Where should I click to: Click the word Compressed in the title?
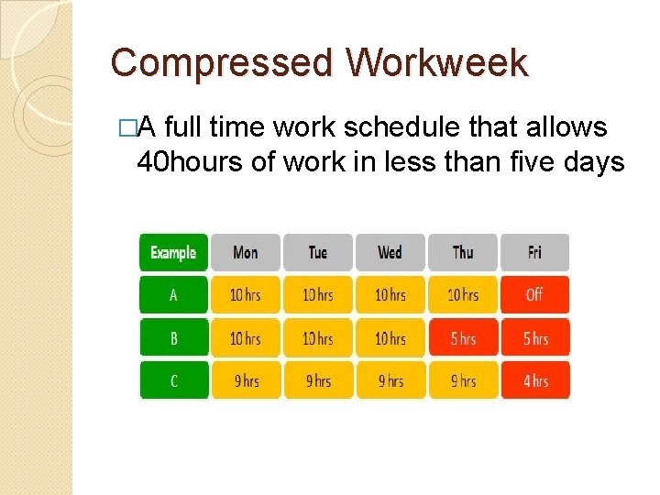point(222,64)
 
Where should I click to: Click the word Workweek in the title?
point(437,64)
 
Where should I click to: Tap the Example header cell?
point(173,252)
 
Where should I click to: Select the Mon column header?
point(246,252)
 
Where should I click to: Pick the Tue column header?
point(318,252)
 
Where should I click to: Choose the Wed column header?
point(390,252)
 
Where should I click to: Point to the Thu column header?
point(463,252)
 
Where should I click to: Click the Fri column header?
point(534,252)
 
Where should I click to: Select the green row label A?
point(173,295)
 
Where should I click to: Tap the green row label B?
point(173,338)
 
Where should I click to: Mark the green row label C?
point(173,380)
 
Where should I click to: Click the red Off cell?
point(534,295)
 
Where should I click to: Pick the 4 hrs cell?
point(534,380)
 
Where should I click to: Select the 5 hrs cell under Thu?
point(463,338)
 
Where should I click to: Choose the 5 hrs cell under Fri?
point(534,338)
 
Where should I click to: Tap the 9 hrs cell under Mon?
point(246,380)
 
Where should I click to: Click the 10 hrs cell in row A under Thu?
point(463,295)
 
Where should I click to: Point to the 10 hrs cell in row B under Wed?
point(390,338)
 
